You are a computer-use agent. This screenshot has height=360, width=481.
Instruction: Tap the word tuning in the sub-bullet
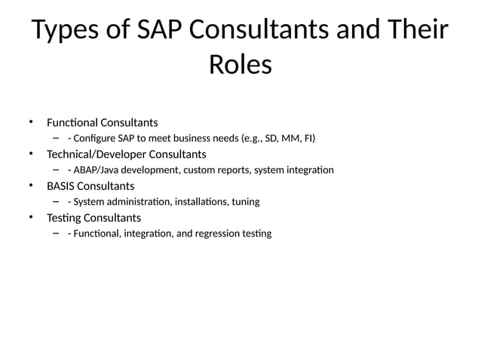(244, 202)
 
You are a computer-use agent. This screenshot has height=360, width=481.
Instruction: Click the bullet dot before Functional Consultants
(32, 122)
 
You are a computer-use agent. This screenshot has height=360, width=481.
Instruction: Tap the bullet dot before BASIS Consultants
(32, 186)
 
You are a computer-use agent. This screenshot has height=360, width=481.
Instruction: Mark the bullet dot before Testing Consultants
(32, 218)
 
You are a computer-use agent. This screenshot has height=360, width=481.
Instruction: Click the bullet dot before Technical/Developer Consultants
(32, 154)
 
